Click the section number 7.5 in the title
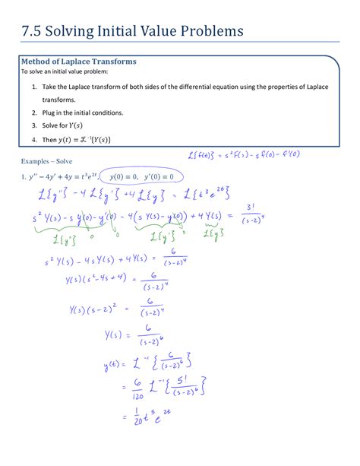point(31,31)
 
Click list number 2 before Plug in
point(35,113)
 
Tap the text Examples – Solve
point(46,162)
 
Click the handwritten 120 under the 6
point(137,398)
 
